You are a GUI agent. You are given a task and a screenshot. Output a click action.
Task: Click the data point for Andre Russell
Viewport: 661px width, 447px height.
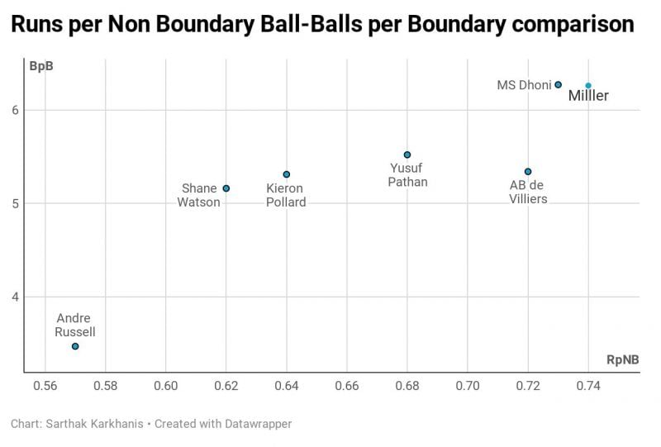75,346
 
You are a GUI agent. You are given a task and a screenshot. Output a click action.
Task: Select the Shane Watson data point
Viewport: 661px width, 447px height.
226,188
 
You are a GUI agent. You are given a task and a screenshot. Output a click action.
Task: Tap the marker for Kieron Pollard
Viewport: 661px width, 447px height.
287,174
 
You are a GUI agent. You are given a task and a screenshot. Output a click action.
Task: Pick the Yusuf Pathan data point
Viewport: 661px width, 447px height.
407,155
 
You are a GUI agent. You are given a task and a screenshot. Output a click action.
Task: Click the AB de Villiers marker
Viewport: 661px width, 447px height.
528,172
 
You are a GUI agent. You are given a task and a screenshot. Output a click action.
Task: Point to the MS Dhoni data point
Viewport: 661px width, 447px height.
559,84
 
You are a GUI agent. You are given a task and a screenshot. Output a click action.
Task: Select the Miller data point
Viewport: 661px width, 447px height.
588,85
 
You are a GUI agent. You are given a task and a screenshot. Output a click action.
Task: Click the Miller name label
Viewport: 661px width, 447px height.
588,97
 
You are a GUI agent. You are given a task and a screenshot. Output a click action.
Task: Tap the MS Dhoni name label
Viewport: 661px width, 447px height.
524,85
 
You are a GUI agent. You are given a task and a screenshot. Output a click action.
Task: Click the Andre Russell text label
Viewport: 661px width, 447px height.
75,326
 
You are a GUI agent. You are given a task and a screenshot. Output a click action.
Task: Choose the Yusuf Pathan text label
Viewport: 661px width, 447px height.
407,175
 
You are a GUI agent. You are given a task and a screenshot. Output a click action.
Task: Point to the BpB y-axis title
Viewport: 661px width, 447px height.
41,66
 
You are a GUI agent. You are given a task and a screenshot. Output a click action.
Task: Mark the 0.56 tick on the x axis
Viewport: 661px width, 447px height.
45,386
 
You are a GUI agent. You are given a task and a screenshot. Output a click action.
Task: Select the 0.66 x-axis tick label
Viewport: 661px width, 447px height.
347,386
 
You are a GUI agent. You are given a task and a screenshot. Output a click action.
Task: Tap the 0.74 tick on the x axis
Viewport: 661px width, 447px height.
588,386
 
